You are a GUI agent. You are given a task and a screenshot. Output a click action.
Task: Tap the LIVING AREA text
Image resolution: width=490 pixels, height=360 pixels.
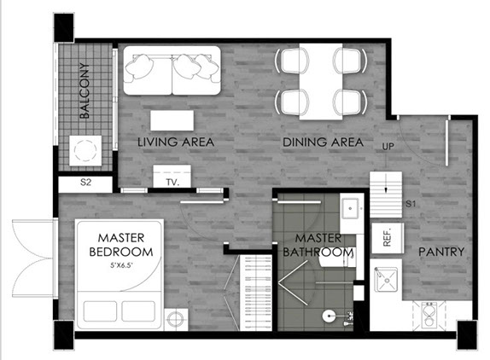pos(176,142)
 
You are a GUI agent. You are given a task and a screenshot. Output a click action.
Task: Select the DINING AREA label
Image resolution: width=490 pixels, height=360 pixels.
pos(323,142)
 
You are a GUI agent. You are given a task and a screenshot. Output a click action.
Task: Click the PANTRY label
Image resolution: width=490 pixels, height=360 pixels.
pos(440,252)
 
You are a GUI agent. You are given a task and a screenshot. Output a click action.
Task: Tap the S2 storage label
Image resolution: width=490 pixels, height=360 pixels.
pos(85,183)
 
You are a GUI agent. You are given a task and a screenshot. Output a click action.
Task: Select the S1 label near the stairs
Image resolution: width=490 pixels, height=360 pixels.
pos(410,205)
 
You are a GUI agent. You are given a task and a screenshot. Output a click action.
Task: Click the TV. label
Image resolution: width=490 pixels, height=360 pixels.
pos(172,183)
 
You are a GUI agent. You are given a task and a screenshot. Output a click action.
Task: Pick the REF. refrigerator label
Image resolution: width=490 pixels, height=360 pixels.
pos(386,236)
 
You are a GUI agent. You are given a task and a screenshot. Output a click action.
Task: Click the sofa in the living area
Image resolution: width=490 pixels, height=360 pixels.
pos(171,70)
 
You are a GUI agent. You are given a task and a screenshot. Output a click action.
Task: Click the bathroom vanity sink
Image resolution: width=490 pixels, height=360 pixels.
pos(349,208)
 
